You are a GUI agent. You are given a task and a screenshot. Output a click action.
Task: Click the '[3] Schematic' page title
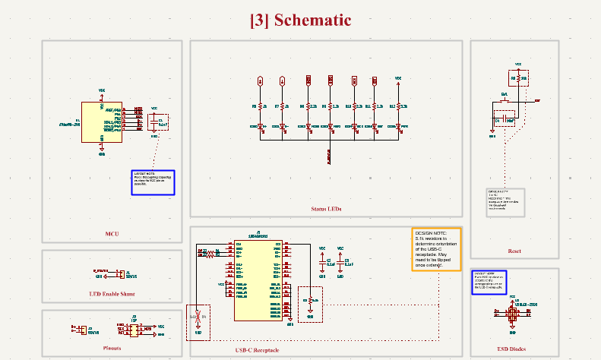click(x=300, y=21)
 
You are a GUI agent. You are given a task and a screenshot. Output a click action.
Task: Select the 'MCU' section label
click(x=112, y=234)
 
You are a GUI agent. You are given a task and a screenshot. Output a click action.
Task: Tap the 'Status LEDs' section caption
click(x=326, y=209)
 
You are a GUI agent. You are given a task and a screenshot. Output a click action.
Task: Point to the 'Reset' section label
click(x=514, y=251)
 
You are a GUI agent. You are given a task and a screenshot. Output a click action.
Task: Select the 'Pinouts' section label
click(x=112, y=349)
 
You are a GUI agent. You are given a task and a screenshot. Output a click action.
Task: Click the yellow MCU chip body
click(x=101, y=122)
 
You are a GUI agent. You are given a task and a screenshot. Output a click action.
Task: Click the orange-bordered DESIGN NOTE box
click(x=436, y=249)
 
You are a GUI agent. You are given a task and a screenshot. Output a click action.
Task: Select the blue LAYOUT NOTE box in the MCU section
click(x=153, y=182)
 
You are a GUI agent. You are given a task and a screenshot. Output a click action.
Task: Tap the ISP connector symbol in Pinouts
click(x=134, y=328)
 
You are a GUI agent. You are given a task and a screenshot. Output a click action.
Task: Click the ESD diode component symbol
click(x=513, y=313)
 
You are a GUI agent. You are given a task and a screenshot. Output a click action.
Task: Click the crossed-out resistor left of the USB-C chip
click(x=198, y=315)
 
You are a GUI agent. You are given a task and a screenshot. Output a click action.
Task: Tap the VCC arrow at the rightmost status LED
click(x=397, y=80)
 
